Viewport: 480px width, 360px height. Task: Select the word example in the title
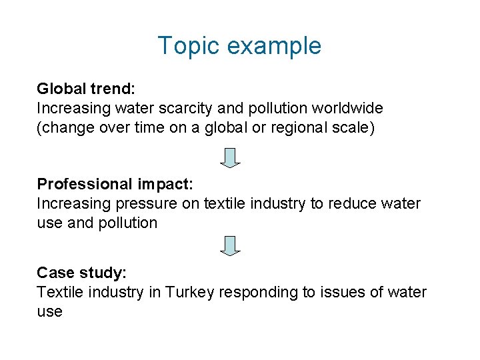(274, 47)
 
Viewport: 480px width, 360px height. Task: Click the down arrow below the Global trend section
(231, 158)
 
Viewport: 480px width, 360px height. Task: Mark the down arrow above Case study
(231, 245)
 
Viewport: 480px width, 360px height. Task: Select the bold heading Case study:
(81, 273)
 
